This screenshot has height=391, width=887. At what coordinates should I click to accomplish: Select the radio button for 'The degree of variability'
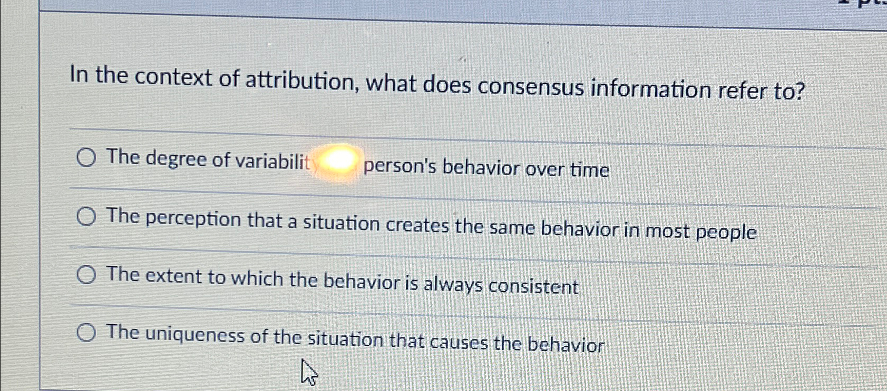86,157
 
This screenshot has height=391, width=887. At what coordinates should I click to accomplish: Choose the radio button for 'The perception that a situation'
86,216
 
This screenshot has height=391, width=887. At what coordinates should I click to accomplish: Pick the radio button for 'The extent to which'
86,275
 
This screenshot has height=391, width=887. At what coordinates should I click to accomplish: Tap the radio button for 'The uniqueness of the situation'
86,333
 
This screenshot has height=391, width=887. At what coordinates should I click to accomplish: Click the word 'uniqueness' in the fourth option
194,335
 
